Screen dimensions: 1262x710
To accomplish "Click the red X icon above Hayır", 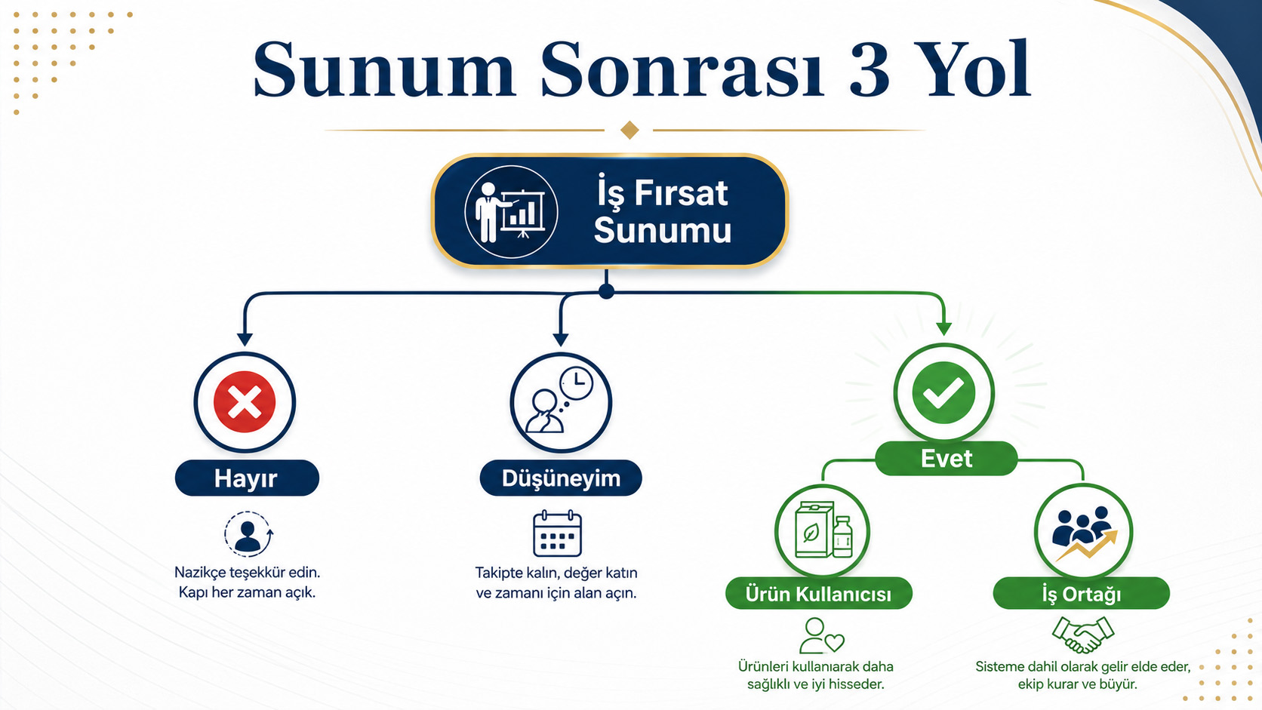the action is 245,402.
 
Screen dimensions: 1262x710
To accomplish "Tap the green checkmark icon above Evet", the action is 943,392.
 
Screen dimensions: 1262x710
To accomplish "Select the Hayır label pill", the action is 247,478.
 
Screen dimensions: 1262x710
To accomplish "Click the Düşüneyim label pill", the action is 561,478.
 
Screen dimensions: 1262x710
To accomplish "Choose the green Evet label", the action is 946,458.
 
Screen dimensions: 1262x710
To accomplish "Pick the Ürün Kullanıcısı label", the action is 819,594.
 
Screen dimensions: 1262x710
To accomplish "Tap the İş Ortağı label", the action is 1081,594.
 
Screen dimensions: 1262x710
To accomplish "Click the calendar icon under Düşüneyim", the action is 557,533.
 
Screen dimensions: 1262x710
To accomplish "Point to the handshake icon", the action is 1083,635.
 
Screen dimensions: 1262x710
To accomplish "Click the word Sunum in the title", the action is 384,70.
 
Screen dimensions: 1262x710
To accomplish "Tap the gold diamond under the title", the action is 629,130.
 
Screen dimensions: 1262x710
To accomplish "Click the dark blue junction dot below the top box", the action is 606,291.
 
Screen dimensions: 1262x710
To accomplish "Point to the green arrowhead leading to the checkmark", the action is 944,328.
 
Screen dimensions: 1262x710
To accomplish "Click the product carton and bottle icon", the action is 823,530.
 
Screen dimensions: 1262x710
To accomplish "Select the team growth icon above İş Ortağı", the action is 1084,533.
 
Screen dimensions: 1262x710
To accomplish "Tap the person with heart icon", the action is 822,635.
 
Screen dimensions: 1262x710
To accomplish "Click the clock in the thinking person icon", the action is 577,383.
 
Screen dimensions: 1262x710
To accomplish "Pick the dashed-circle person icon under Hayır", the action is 248,533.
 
